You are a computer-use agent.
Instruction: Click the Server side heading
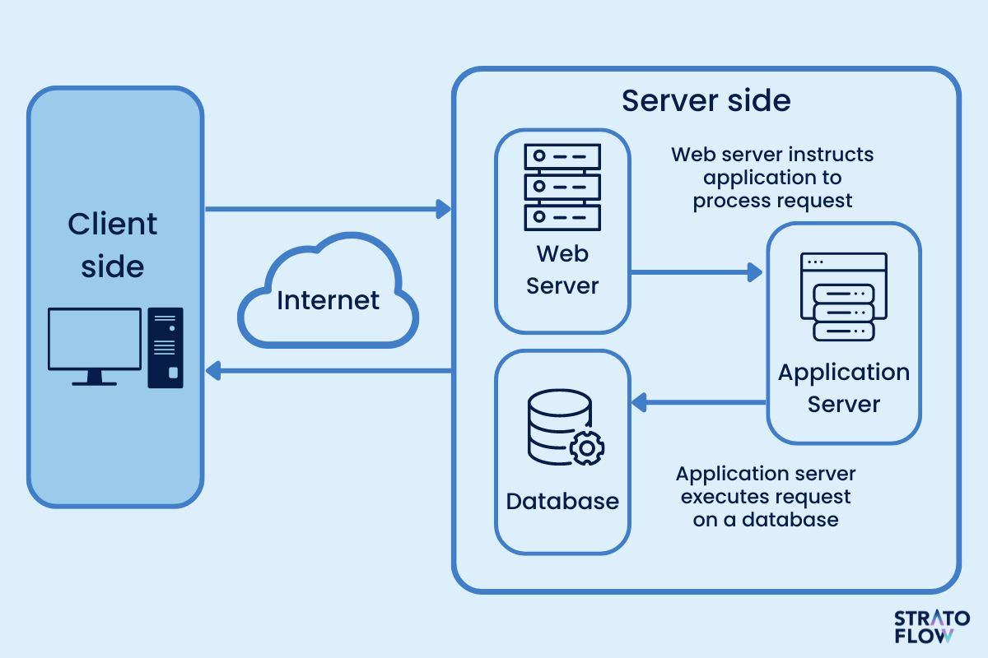pyautogui.click(x=706, y=100)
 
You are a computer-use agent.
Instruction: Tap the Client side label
pyautogui.click(x=113, y=245)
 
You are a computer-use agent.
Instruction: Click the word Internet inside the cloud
pyautogui.click(x=329, y=300)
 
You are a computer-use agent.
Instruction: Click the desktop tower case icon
pyautogui.click(x=165, y=347)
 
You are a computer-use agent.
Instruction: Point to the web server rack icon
pyautogui.click(x=562, y=187)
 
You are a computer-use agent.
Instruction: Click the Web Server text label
pyautogui.click(x=562, y=270)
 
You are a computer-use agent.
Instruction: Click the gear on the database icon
pyautogui.click(x=587, y=448)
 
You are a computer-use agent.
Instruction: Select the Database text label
pyautogui.click(x=562, y=501)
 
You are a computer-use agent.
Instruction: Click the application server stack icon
pyautogui.click(x=843, y=297)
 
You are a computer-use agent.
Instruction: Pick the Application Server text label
pyautogui.click(x=844, y=388)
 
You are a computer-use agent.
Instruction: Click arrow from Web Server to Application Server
pyautogui.click(x=696, y=272)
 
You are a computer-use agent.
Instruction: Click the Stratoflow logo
pyautogui.click(x=931, y=627)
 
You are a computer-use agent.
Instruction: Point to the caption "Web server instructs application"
pyautogui.click(x=772, y=177)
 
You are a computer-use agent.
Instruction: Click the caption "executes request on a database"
pyautogui.click(x=766, y=497)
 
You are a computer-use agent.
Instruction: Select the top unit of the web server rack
pyautogui.click(x=562, y=155)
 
